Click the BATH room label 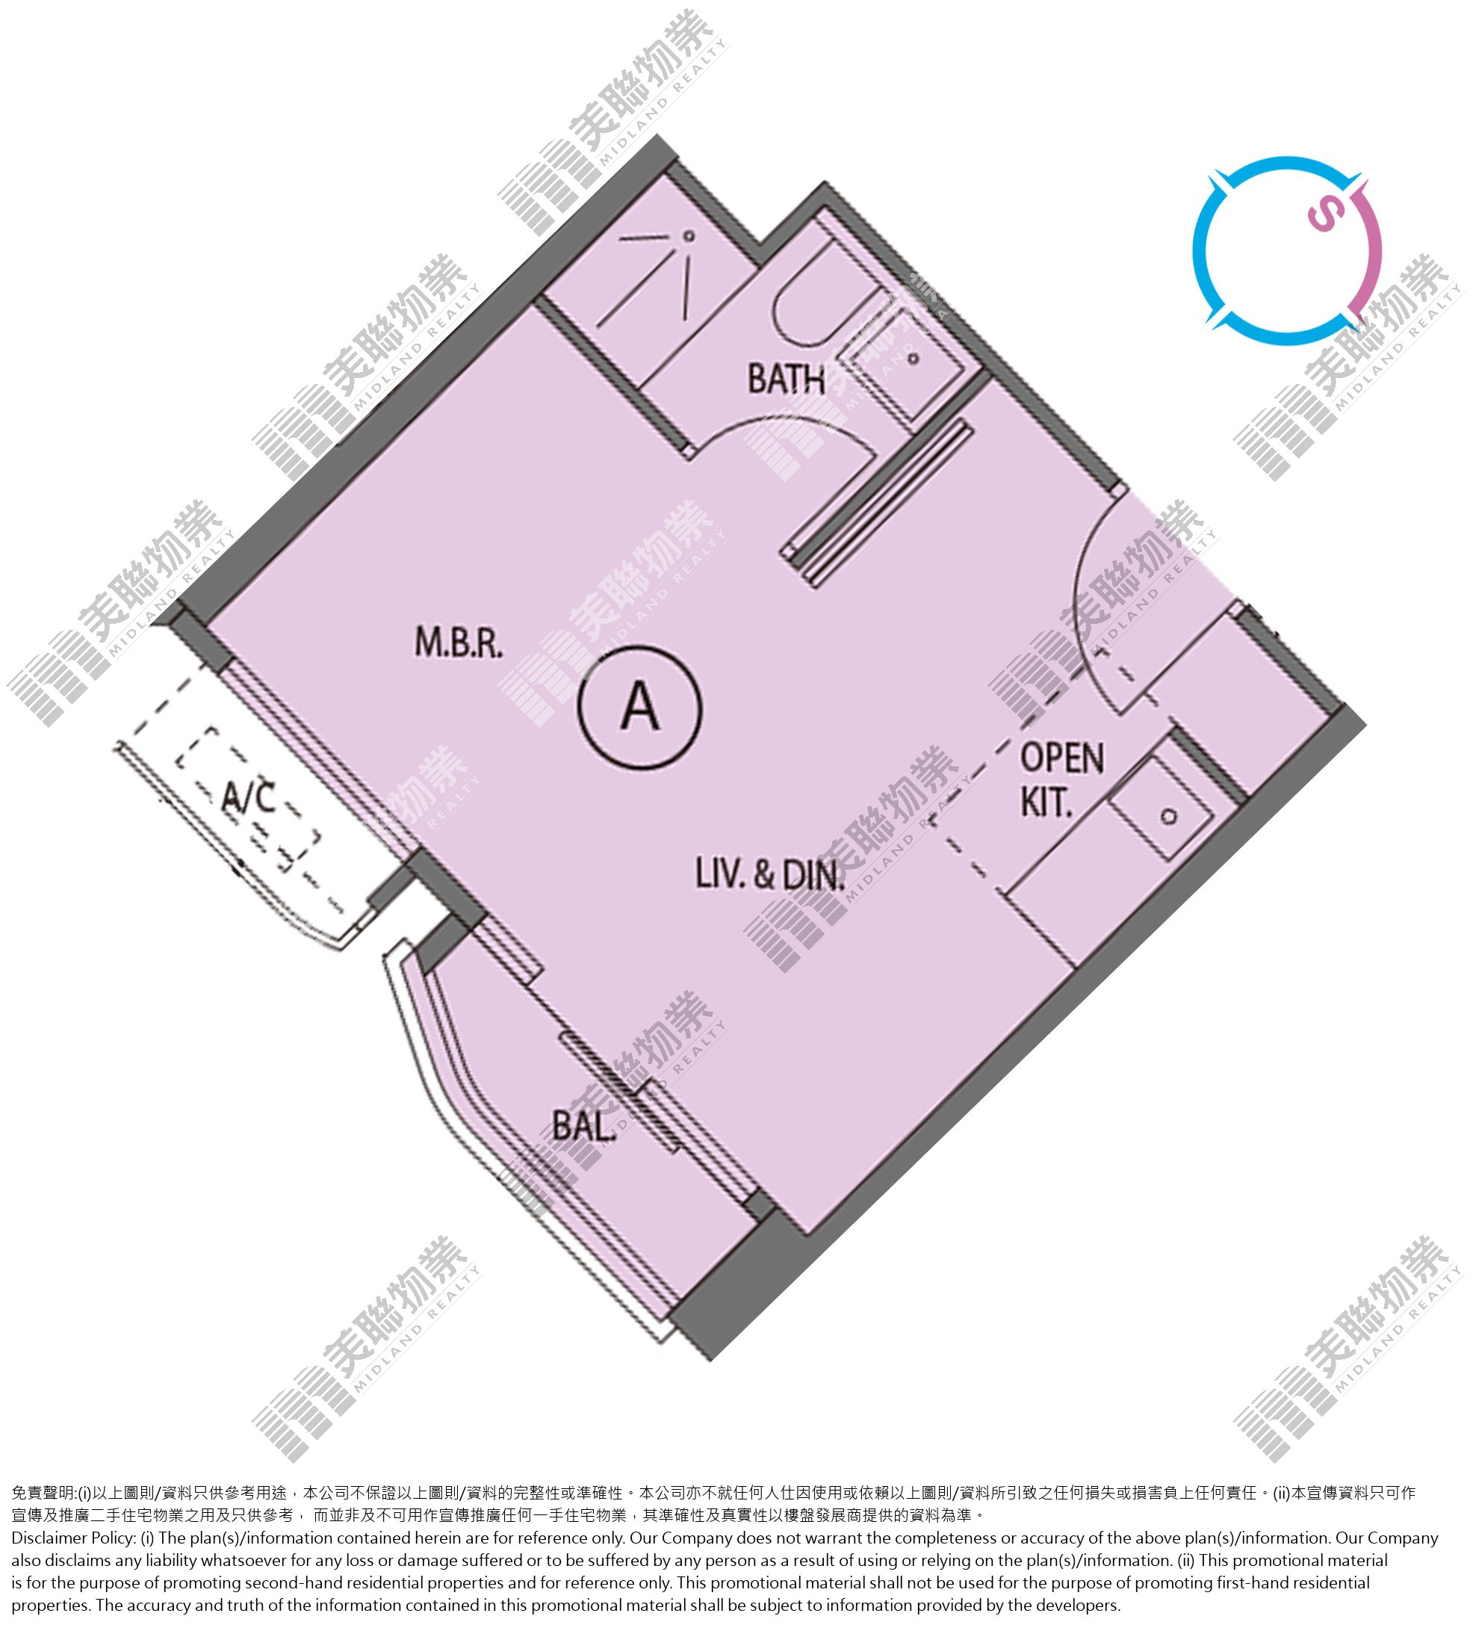pos(785,379)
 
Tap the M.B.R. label pos(459,643)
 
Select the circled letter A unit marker pos(639,705)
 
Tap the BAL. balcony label pos(584,1126)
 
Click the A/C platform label pos(249,798)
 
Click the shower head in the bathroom pos(688,236)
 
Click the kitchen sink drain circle pos(1168,817)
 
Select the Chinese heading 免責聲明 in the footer pos(43,1492)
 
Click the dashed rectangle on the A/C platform pos(247,799)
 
